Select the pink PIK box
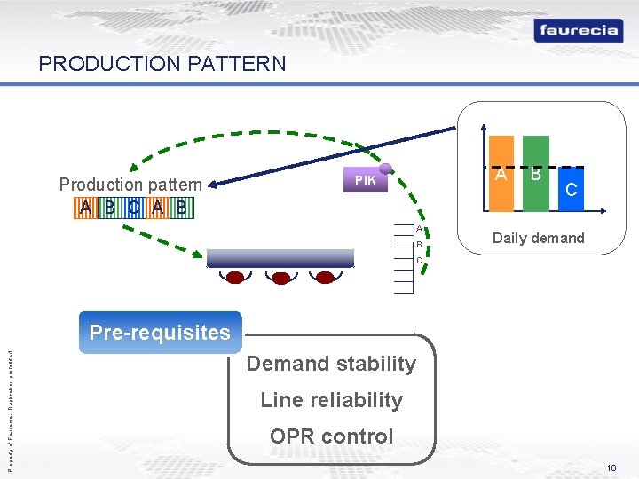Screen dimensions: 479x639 coord(366,180)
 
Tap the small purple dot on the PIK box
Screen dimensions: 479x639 coord(385,168)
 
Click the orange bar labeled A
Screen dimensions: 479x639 coord(501,174)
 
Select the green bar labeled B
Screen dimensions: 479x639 coord(536,174)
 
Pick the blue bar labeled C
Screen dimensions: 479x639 coord(572,190)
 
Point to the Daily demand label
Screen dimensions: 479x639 coord(538,238)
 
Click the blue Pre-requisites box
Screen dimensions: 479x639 coord(160,333)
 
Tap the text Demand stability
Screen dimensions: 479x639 coord(331,364)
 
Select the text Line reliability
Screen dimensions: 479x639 coord(331,400)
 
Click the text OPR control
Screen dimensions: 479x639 coord(331,436)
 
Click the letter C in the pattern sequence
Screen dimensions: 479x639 coord(132,208)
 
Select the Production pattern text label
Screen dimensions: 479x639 coord(130,185)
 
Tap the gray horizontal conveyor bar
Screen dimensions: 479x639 coord(280,258)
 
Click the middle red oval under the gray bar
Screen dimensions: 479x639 coord(281,278)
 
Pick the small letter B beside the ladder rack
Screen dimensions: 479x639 coord(418,245)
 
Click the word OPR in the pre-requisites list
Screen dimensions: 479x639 coord(291,436)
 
